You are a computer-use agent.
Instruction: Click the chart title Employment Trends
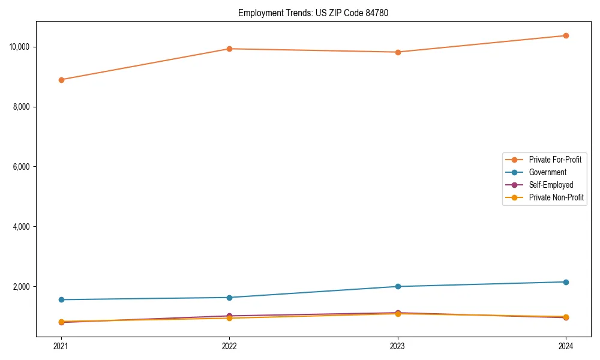click(x=313, y=13)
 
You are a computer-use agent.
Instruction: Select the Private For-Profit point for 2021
click(x=61, y=80)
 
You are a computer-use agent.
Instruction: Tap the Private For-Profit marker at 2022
click(x=229, y=49)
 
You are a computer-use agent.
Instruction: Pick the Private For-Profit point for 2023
click(x=398, y=52)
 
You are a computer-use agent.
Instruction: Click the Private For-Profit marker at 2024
click(x=566, y=35)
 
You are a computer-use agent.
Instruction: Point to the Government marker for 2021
click(x=61, y=299)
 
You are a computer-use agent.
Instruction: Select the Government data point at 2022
click(x=229, y=298)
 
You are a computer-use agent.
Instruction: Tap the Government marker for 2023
click(x=398, y=286)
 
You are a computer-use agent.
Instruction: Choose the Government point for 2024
click(x=566, y=282)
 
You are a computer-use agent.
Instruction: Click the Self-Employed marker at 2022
click(x=229, y=316)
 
